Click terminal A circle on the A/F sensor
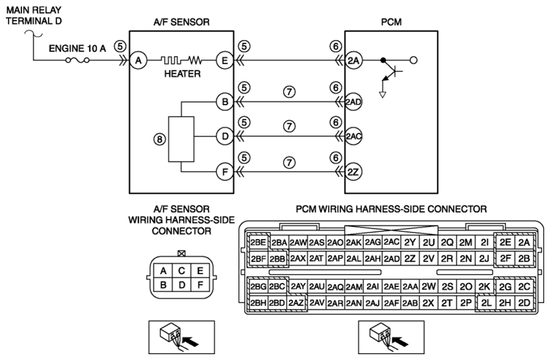pos(138,60)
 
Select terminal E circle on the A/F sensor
pos(224,60)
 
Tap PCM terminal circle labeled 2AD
pos(354,101)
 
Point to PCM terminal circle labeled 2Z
pos(354,172)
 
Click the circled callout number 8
pos(159,140)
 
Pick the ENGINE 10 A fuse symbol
pos(77,60)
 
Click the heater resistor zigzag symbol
pos(195,60)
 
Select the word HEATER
pos(182,74)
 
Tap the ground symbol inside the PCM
pos(383,94)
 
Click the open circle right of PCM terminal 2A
pos(414,60)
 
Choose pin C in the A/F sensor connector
pos(182,271)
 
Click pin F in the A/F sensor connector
pos(200,284)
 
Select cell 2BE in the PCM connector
pos(258,242)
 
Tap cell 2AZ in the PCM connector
pos(296,302)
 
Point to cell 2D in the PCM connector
pos(524,302)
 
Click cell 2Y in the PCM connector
pos(410,242)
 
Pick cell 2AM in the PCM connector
pos(354,287)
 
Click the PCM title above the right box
pos(391,22)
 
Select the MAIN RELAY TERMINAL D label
pos(34,16)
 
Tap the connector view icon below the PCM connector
pos(391,337)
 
